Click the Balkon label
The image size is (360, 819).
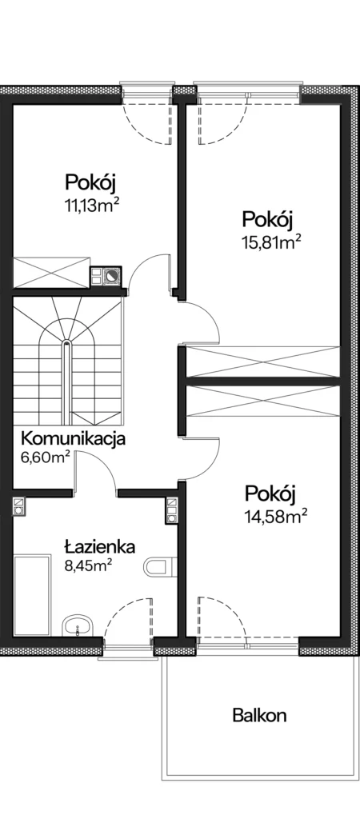(x=259, y=715)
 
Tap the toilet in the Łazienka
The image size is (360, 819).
(x=156, y=567)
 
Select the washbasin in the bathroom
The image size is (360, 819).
(x=78, y=625)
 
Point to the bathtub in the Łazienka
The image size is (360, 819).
(x=32, y=595)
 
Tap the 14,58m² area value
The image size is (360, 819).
(x=275, y=517)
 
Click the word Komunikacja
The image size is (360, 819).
(x=73, y=439)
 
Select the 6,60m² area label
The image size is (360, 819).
(x=46, y=458)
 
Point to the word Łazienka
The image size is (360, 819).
(x=100, y=547)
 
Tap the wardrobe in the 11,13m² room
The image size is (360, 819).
(x=52, y=272)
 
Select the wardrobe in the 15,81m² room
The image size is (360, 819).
(x=263, y=361)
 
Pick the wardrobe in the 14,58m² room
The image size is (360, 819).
(x=263, y=402)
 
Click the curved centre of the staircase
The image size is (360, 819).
(x=67, y=345)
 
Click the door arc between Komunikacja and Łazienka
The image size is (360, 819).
(x=99, y=463)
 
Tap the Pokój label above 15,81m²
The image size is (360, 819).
(x=266, y=219)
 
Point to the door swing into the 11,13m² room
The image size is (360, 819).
(x=142, y=266)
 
